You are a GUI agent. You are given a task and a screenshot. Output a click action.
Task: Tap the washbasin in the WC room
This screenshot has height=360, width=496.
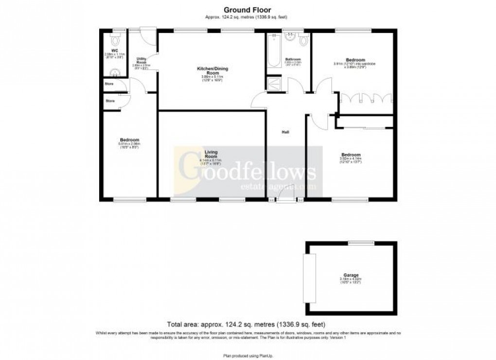[115, 73]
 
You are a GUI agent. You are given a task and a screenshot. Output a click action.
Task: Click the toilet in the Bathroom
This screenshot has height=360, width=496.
[304, 41]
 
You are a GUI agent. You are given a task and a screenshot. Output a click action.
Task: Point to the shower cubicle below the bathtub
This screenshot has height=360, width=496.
[274, 84]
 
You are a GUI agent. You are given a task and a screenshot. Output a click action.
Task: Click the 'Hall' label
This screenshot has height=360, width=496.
[286, 132]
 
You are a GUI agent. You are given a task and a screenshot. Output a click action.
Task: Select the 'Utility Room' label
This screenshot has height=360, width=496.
[142, 60]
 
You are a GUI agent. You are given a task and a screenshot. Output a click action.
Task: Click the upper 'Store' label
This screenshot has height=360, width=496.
[110, 84]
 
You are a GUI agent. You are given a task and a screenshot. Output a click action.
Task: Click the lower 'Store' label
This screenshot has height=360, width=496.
[110, 101]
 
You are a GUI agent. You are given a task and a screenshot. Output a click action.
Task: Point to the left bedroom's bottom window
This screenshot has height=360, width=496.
[130, 199]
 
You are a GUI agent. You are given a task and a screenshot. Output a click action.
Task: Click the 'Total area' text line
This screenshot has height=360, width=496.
[246, 324]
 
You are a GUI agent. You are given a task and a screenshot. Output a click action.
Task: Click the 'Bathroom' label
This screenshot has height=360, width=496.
[293, 59]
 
